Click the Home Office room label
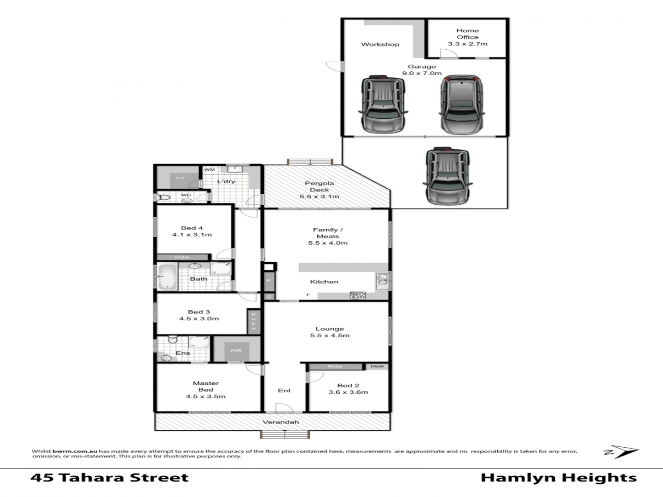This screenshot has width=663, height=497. (x=467, y=37)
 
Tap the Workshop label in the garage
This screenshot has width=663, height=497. (x=380, y=45)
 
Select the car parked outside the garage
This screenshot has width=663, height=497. (x=447, y=176)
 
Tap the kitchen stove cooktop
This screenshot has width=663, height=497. (x=358, y=295)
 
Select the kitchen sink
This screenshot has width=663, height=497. (x=383, y=279)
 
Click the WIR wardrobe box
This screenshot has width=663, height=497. (x=236, y=351)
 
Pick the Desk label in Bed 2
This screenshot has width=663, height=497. (x=377, y=366)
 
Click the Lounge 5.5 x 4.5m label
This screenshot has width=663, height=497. (x=330, y=332)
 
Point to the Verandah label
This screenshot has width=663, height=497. (x=281, y=422)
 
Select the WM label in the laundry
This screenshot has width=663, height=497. (x=209, y=170)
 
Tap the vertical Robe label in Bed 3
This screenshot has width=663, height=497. (x=253, y=321)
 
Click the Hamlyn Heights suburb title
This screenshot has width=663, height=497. (x=558, y=478)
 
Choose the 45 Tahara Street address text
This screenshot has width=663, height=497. (x=110, y=478)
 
